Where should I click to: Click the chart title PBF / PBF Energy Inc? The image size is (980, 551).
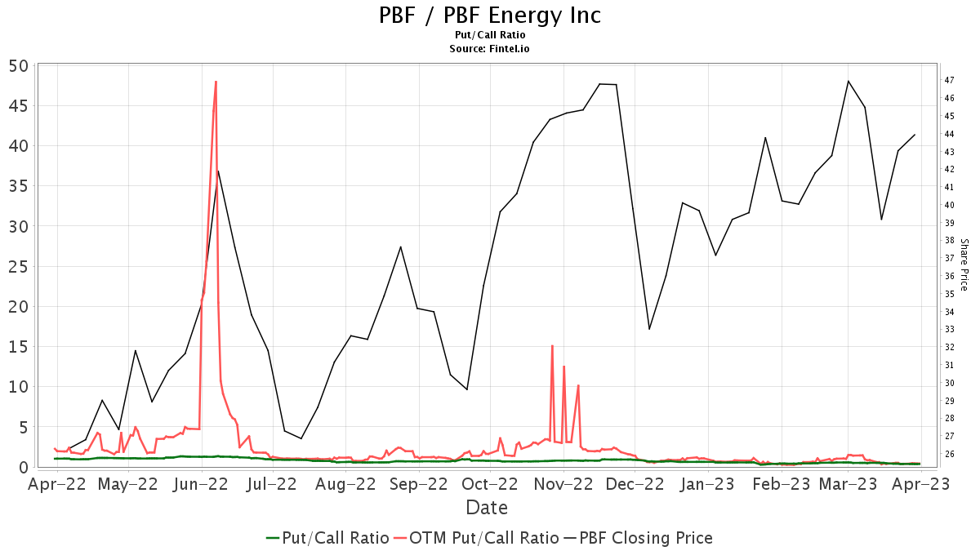[x=490, y=16]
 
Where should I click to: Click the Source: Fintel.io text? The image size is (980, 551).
[x=490, y=49]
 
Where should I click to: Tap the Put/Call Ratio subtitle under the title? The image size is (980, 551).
[x=490, y=35]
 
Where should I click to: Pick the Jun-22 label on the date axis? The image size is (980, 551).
[x=201, y=483]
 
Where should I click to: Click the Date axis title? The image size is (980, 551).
[x=487, y=508]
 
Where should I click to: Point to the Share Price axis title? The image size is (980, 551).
[x=964, y=264]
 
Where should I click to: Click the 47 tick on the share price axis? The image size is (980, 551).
[x=950, y=80]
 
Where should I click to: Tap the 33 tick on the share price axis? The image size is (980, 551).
[x=950, y=329]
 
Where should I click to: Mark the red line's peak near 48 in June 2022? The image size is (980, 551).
[x=216, y=82]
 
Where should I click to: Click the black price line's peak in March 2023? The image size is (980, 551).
[x=849, y=81]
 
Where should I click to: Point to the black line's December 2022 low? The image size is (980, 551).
[x=649, y=329]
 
